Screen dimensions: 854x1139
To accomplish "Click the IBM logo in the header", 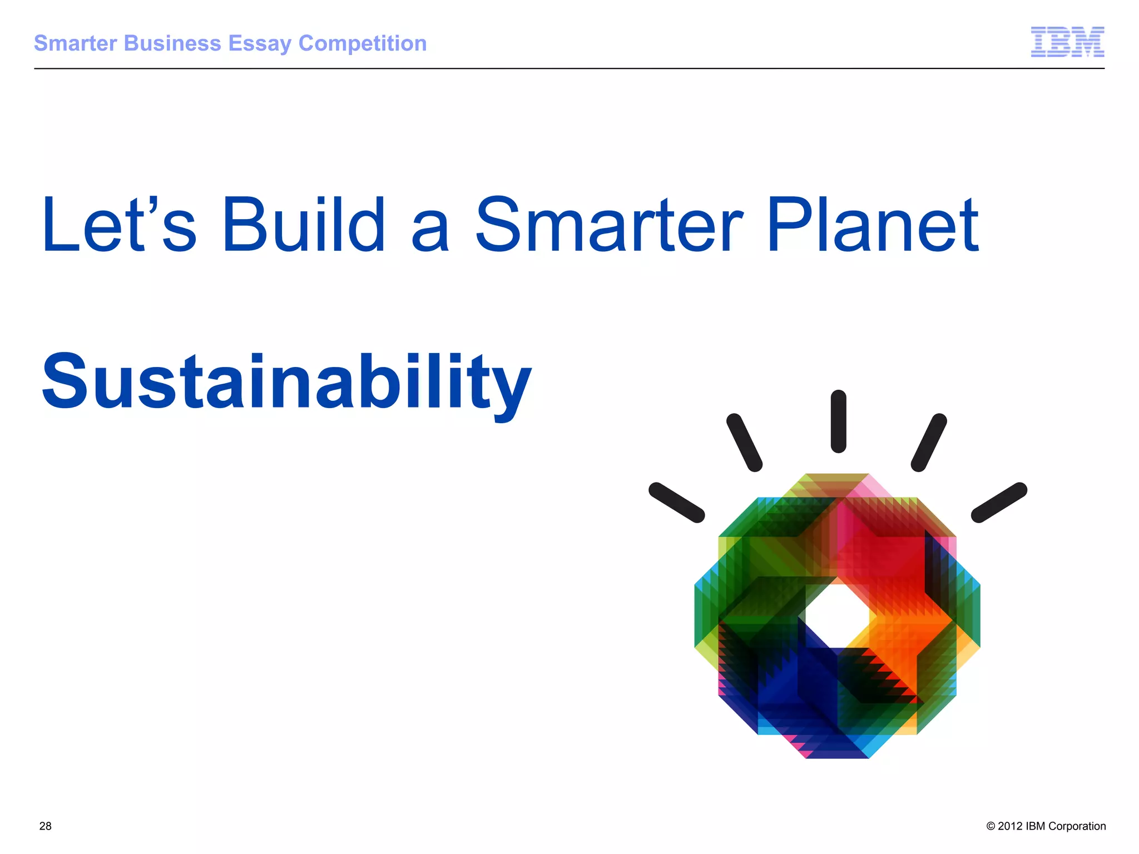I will pyautogui.click(x=1067, y=42).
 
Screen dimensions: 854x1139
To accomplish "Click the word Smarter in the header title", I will pyautogui.click(x=76, y=43).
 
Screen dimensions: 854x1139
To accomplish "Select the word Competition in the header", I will pyautogui.click(x=363, y=43).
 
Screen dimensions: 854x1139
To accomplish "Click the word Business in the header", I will pyautogui.click(x=173, y=43).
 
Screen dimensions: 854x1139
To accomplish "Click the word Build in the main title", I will pyautogui.click(x=304, y=225).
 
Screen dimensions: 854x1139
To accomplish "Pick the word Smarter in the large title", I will pyautogui.click(x=609, y=225).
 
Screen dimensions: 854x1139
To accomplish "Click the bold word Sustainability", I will pyautogui.click(x=286, y=384).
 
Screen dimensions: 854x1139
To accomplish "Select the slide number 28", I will pyautogui.click(x=46, y=826).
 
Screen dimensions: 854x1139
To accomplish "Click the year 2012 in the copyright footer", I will pyautogui.click(x=1010, y=826).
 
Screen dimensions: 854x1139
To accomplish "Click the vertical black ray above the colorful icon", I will pyautogui.click(x=838, y=421).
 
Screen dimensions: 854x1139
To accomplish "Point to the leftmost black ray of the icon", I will pyautogui.click(x=677, y=503).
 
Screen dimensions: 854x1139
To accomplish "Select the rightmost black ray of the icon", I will pyautogui.click(x=999, y=503).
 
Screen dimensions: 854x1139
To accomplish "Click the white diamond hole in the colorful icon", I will pyautogui.click(x=838, y=615).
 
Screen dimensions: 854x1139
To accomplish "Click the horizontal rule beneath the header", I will pyautogui.click(x=569, y=68).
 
